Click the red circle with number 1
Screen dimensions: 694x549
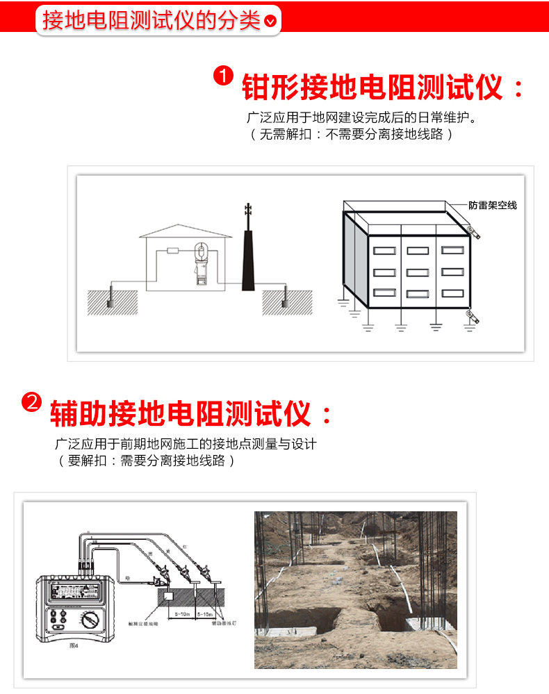pos(223,76)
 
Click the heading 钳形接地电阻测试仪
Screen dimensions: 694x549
pos(372,88)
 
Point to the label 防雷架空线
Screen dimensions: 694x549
pos(492,206)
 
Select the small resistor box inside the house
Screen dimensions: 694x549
pos(173,250)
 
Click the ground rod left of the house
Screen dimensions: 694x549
pos(110,296)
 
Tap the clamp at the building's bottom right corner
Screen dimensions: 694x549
pos(474,317)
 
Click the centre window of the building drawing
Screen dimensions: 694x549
pos(417,272)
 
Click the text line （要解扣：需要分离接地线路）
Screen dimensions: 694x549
pos(145,460)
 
